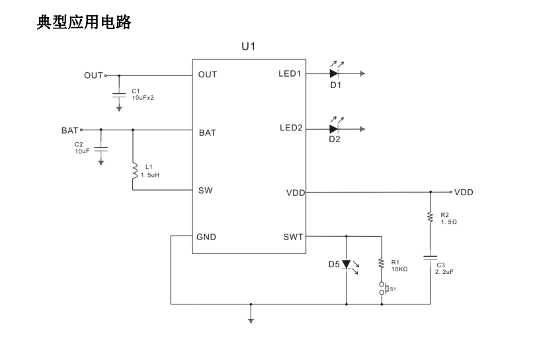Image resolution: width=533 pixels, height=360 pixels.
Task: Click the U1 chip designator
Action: [x=248, y=46]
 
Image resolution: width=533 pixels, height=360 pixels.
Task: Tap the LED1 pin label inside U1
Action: [x=290, y=74]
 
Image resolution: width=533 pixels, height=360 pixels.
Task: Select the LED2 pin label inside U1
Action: [x=290, y=128]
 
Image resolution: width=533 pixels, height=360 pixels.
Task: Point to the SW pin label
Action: [x=205, y=190]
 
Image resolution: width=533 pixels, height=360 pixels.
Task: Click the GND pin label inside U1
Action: [x=206, y=236]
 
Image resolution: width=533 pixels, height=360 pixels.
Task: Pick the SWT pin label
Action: [x=293, y=236]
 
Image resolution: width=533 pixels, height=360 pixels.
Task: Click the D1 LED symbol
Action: [x=335, y=74]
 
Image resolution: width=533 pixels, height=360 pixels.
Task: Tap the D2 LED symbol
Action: [x=335, y=128]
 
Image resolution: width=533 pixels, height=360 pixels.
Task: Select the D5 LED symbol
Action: [x=347, y=265]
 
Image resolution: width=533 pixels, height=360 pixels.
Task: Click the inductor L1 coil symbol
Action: [x=134, y=171]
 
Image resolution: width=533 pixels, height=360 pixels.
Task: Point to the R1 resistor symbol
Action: [x=382, y=263]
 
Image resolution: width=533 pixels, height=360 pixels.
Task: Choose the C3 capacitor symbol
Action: [x=430, y=257]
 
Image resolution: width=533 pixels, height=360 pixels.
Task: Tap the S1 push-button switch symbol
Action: [x=382, y=289]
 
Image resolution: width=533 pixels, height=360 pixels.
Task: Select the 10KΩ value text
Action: [x=399, y=269]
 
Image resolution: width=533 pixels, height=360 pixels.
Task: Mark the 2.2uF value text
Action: [x=445, y=271]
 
